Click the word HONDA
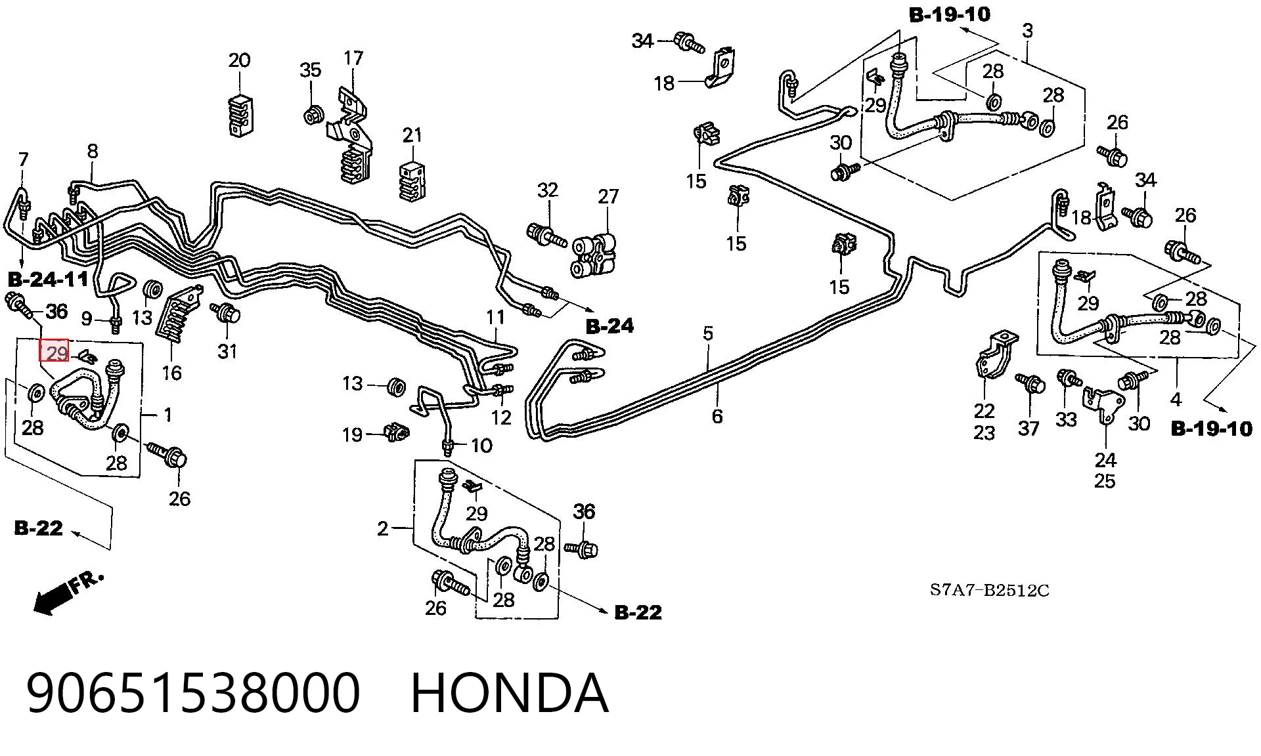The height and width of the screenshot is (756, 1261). (510, 693)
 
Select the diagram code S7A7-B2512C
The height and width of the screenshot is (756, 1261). (989, 591)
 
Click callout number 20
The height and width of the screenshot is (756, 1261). (239, 60)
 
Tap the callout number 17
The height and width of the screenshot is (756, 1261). (353, 58)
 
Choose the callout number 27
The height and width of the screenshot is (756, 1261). (608, 196)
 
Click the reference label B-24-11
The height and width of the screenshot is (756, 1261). (49, 279)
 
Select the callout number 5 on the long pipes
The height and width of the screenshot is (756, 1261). (707, 333)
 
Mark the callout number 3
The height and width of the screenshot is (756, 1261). (1027, 30)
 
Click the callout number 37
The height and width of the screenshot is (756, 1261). (1029, 429)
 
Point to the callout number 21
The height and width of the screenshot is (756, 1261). (412, 135)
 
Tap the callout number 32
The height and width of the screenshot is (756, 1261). (548, 190)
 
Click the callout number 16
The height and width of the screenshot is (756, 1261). (171, 373)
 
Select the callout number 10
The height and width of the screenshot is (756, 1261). (481, 446)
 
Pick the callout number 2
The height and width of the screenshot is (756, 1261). (383, 528)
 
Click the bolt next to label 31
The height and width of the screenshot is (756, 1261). (227, 313)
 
